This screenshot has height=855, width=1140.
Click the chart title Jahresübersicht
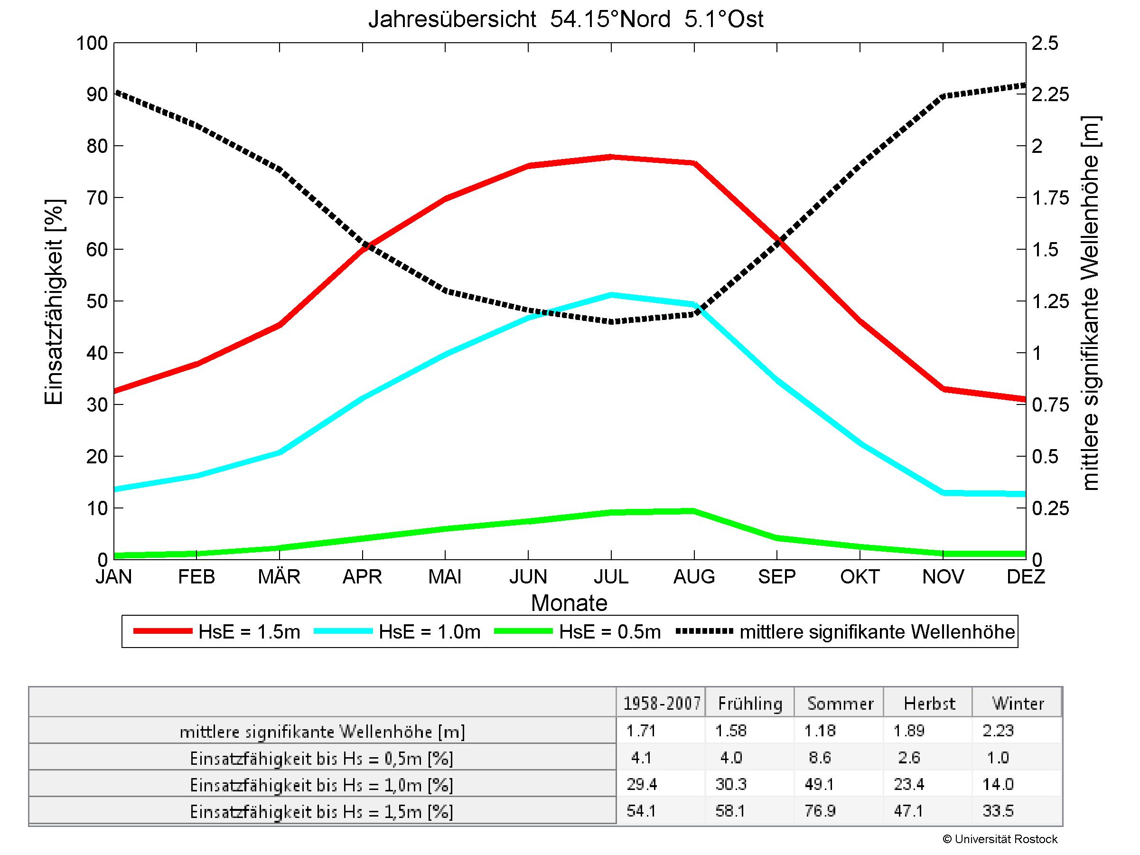click(565, 19)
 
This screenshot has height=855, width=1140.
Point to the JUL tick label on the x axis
click(611, 576)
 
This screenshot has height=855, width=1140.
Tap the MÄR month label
click(279, 576)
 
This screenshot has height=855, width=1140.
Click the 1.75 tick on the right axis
click(1051, 198)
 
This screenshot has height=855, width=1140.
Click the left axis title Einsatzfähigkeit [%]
click(54, 301)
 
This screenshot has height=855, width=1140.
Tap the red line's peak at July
click(611, 157)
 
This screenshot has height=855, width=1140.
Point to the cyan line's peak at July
click(611, 295)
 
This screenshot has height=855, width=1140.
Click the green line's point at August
click(694, 511)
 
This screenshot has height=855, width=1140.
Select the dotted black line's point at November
click(943, 96)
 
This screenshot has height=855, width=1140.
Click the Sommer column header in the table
click(840, 704)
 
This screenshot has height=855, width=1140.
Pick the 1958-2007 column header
click(662, 704)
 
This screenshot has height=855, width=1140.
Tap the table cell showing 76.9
click(820, 811)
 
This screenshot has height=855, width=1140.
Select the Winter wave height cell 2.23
click(998, 731)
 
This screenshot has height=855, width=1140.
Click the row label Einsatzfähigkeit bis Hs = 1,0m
click(322, 785)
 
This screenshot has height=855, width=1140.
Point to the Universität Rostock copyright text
click(1000, 839)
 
